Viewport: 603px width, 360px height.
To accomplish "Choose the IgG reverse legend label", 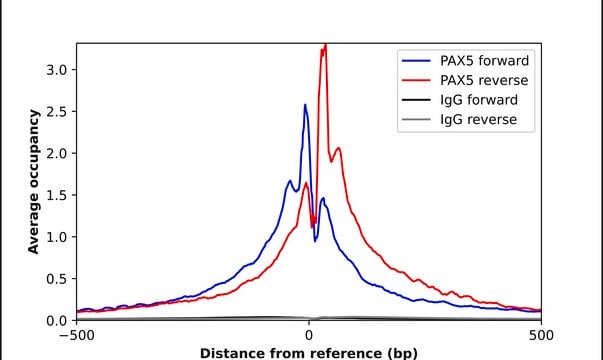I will click(x=475, y=120).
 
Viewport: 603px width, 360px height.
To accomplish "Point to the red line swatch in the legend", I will click(x=415, y=79).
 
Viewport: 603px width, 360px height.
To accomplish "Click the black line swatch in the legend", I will click(x=415, y=100).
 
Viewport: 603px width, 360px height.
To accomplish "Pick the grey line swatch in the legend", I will click(x=415, y=120).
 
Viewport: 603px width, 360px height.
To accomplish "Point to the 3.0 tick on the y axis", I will click(x=57, y=70).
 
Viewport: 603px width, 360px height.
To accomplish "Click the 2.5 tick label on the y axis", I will click(x=57, y=112).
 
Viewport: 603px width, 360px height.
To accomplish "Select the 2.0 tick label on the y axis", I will click(x=57, y=153).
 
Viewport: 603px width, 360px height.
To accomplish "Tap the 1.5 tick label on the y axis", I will click(x=57, y=195).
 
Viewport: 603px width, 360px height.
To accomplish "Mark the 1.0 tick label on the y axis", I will click(x=57, y=237).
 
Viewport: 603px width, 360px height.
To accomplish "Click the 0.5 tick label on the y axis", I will click(x=57, y=278).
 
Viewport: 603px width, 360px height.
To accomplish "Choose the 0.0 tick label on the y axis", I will click(x=57, y=320).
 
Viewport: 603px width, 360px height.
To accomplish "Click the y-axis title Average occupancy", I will click(x=33, y=182).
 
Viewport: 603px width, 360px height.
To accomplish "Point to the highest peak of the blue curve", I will click(x=305, y=104).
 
